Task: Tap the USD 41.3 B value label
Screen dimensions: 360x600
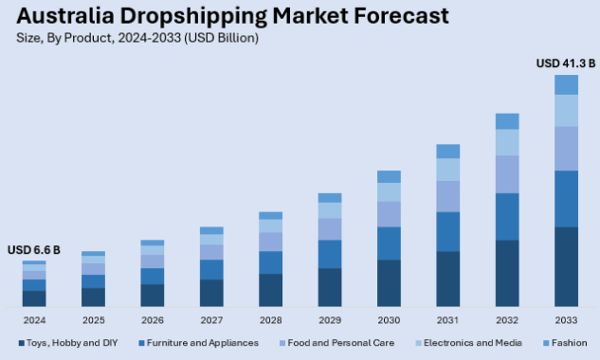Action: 565,63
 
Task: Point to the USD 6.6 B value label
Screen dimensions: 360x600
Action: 34,250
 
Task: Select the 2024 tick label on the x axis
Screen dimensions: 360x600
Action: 34,320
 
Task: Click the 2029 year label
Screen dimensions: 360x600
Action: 329,320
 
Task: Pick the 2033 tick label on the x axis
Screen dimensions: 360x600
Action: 566,320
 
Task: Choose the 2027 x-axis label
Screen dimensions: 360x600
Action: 211,320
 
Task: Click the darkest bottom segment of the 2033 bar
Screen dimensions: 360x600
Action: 566,267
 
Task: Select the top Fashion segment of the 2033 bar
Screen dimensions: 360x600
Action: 566,85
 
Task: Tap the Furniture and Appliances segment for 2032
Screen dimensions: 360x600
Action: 507,216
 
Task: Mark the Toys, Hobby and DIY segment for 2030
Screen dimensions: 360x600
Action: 389,283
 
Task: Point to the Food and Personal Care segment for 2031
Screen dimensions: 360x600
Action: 447,196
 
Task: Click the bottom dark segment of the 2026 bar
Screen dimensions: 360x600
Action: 153,296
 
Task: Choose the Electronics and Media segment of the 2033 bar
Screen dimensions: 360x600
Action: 566,111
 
